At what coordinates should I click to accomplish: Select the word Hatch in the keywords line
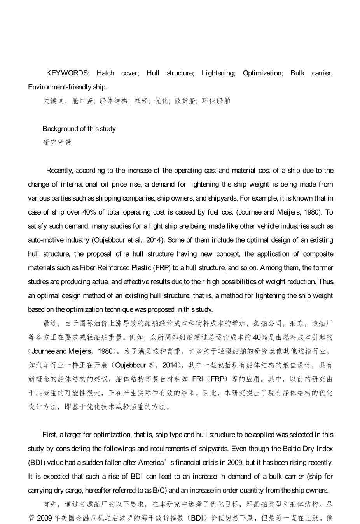pos(105,73)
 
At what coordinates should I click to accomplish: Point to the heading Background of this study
pos(79,129)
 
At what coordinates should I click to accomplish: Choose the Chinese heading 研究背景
pos(57,143)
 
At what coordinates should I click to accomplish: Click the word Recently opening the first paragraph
pos(59,171)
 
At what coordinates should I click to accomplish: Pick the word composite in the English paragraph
pos(318,254)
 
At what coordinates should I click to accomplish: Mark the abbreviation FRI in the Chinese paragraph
pos(198,379)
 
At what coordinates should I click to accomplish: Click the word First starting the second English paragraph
pos(50,435)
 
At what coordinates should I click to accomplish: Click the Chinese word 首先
pos(50,505)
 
